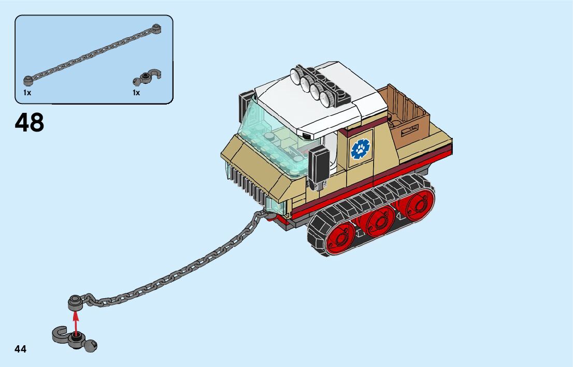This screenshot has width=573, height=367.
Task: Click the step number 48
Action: coord(30,123)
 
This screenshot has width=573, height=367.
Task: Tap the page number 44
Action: coord(21,349)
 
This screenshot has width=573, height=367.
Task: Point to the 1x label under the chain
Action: coord(27,93)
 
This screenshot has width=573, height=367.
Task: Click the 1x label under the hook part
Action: coord(136,93)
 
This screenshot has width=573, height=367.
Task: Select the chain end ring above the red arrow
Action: coord(75,300)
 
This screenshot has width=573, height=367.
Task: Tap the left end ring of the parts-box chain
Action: coord(28,80)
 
